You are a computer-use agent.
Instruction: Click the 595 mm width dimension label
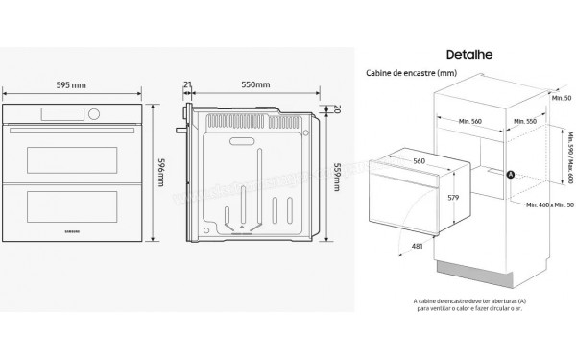coord(74,84)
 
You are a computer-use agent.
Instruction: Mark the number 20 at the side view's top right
coord(337,108)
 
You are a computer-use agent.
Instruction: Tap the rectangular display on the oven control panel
coord(56,116)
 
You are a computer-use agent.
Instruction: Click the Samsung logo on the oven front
coord(74,230)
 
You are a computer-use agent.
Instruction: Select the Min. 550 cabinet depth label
coord(523,123)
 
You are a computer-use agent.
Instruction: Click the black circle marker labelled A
coord(511,174)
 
